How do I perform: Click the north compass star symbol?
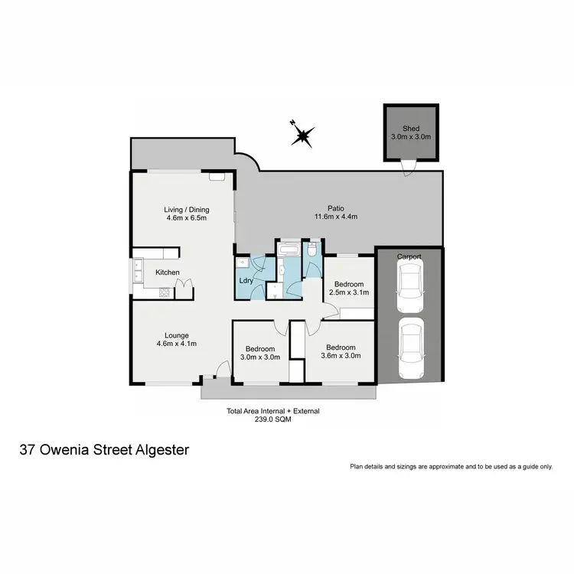click(x=302, y=135)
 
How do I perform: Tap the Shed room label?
click(x=411, y=129)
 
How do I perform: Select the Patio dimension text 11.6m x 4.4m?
click(x=337, y=217)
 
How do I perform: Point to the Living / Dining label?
click(x=186, y=210)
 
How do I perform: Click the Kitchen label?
click(x=168, y=272)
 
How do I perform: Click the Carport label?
click(x=409, y=256)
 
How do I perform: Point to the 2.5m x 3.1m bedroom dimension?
click(x=349, y=292)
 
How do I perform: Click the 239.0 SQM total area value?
click(x=273, y=419)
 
